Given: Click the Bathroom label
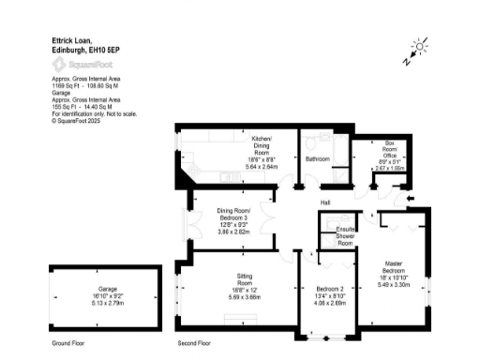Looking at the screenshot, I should tap(318, 159).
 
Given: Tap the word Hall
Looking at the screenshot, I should tap(325, 202).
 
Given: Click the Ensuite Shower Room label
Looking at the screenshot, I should tap(346, 234).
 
